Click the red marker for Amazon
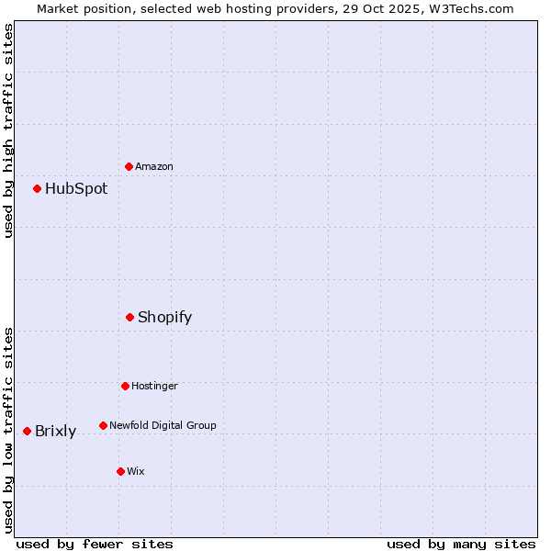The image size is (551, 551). pyautogui.click(x=129, y=166)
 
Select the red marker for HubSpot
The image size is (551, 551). pyautogui.click(x=37, y=188)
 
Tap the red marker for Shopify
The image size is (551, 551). pyautogui.click(x=129, y=317)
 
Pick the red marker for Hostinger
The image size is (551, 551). pyautogui.click(x=125, y=386)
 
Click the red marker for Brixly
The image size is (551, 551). pyautogui.click(x=27, y=431)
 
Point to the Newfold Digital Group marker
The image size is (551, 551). pyautogui.click(x=103, y=425)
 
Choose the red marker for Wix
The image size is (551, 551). pyautogui.click(x=120, y=471)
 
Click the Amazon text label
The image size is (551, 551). pyautogui.click(x=154, y=166)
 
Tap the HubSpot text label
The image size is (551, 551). pyautogui.click(x=76, y=189)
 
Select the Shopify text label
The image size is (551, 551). pyautogui.click(x=165, y=318)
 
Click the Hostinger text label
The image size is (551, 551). pyautogui.click(x=154, y=386)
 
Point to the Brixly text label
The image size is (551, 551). pyautogui.click(x=56, y=432)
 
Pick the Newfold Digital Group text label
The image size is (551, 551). pyautogui.click(x=163, y=425)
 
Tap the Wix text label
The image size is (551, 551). pyautogui.click(x=136, y=471)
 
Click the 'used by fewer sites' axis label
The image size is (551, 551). pyautogui.click(x=95, y=544)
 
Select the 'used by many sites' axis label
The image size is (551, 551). pyautogui.click(x=461, y=544)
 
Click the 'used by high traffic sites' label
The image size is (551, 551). pyautogui.click(x=8, y=130)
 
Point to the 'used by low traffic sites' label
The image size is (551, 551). pyautogui.click(x=8, y=430)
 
